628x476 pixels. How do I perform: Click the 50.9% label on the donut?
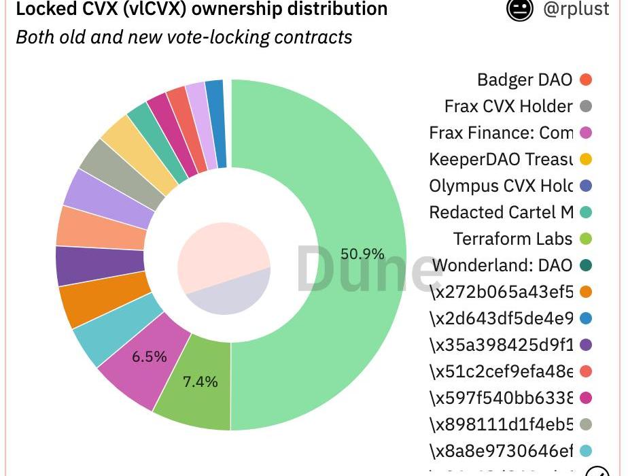pos(362,254)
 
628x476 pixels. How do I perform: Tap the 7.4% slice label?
pos(200,381)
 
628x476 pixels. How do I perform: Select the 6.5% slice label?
pos(150,356)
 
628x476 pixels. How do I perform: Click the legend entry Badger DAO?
pos(525,80)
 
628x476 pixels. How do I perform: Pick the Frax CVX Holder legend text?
pos(508,106)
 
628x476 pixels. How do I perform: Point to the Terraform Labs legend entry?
pos(512,239)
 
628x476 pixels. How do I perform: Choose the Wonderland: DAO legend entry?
pos(502,265)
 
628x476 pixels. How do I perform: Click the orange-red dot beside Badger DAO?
pos(585,80)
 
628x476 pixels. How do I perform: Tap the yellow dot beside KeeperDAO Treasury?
pos(585,159)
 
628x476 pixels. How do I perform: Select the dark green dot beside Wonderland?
pos(585,265)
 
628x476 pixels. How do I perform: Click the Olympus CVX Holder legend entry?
pos(501,186)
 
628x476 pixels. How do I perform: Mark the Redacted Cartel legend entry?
pos(501,212)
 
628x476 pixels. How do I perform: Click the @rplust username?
pos(582,10)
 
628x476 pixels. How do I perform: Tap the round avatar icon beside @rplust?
pos(520,10)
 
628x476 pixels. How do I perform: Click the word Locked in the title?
pos(43,10)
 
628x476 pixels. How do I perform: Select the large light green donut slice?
pos(319,170)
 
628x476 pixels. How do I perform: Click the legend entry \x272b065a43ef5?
pos(502,292)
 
